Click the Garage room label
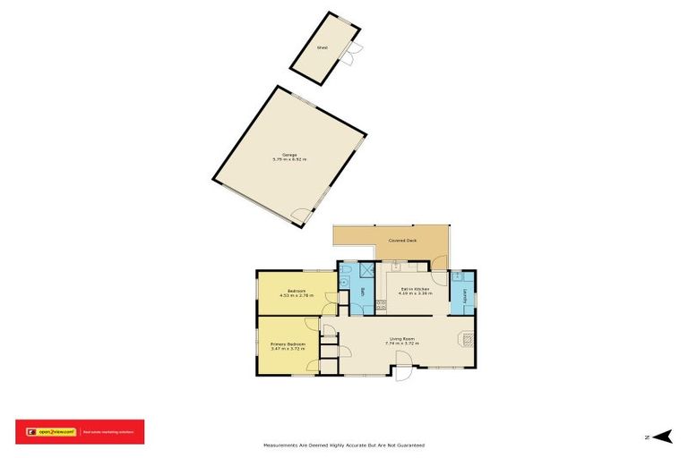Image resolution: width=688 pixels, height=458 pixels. pos(289,155)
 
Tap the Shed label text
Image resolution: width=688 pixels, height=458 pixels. pos(322,47)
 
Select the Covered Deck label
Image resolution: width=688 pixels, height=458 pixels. pos(402,241)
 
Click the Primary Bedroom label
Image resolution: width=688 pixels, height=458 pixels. pos(288,344)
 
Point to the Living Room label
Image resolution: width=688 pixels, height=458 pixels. pos(401,338)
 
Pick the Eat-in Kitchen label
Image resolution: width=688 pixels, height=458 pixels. pos(415,289)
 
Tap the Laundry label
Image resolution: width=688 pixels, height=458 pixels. pos(464,293)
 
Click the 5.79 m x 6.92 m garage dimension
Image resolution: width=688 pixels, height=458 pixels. pos(289,160)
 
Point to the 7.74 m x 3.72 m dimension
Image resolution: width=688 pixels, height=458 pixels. pos(402,343)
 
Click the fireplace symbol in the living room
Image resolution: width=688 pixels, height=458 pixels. pos(467,338)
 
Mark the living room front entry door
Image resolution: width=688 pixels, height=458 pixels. pos(402,364)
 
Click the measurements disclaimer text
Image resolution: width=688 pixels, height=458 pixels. pos(343,445)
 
